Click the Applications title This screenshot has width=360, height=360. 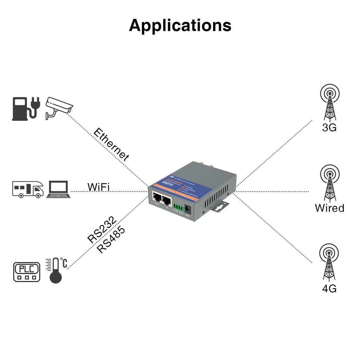click(x=180, y=25)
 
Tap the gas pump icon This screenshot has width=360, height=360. click(x=20, y=109)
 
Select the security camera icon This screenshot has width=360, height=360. click(x=59, y=107)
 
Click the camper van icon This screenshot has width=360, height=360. click(x=28, y=189)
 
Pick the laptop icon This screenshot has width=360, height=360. click(x=58, y=189)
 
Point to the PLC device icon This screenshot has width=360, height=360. click(x=27, y=272)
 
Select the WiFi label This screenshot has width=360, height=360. click(x=98, y=187)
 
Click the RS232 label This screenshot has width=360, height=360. click(x=102, y=230)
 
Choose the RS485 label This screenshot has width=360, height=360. click(x=111, y=240)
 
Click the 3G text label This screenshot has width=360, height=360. click(x=329, y=128)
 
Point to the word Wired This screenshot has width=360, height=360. click(x=329, y=208)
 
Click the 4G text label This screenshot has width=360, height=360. click(x=329, y=289)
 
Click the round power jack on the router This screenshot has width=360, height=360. click(x=188, y=210)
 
